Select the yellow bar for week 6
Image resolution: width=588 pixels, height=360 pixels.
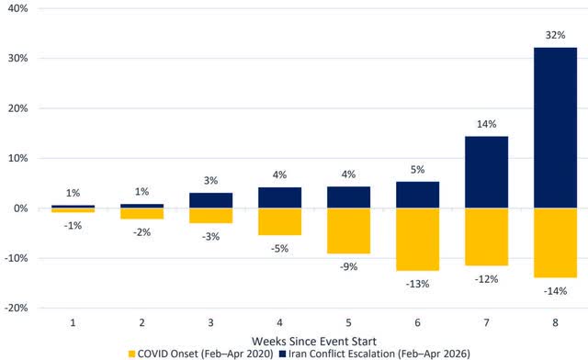tap(418, 239)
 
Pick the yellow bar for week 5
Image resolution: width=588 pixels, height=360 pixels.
tap(350, 231)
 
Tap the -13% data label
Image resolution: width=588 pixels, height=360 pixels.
tap(418, 283)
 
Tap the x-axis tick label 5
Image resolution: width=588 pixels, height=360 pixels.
tap(350, 323)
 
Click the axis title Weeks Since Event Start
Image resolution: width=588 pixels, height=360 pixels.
tap(315, 340)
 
